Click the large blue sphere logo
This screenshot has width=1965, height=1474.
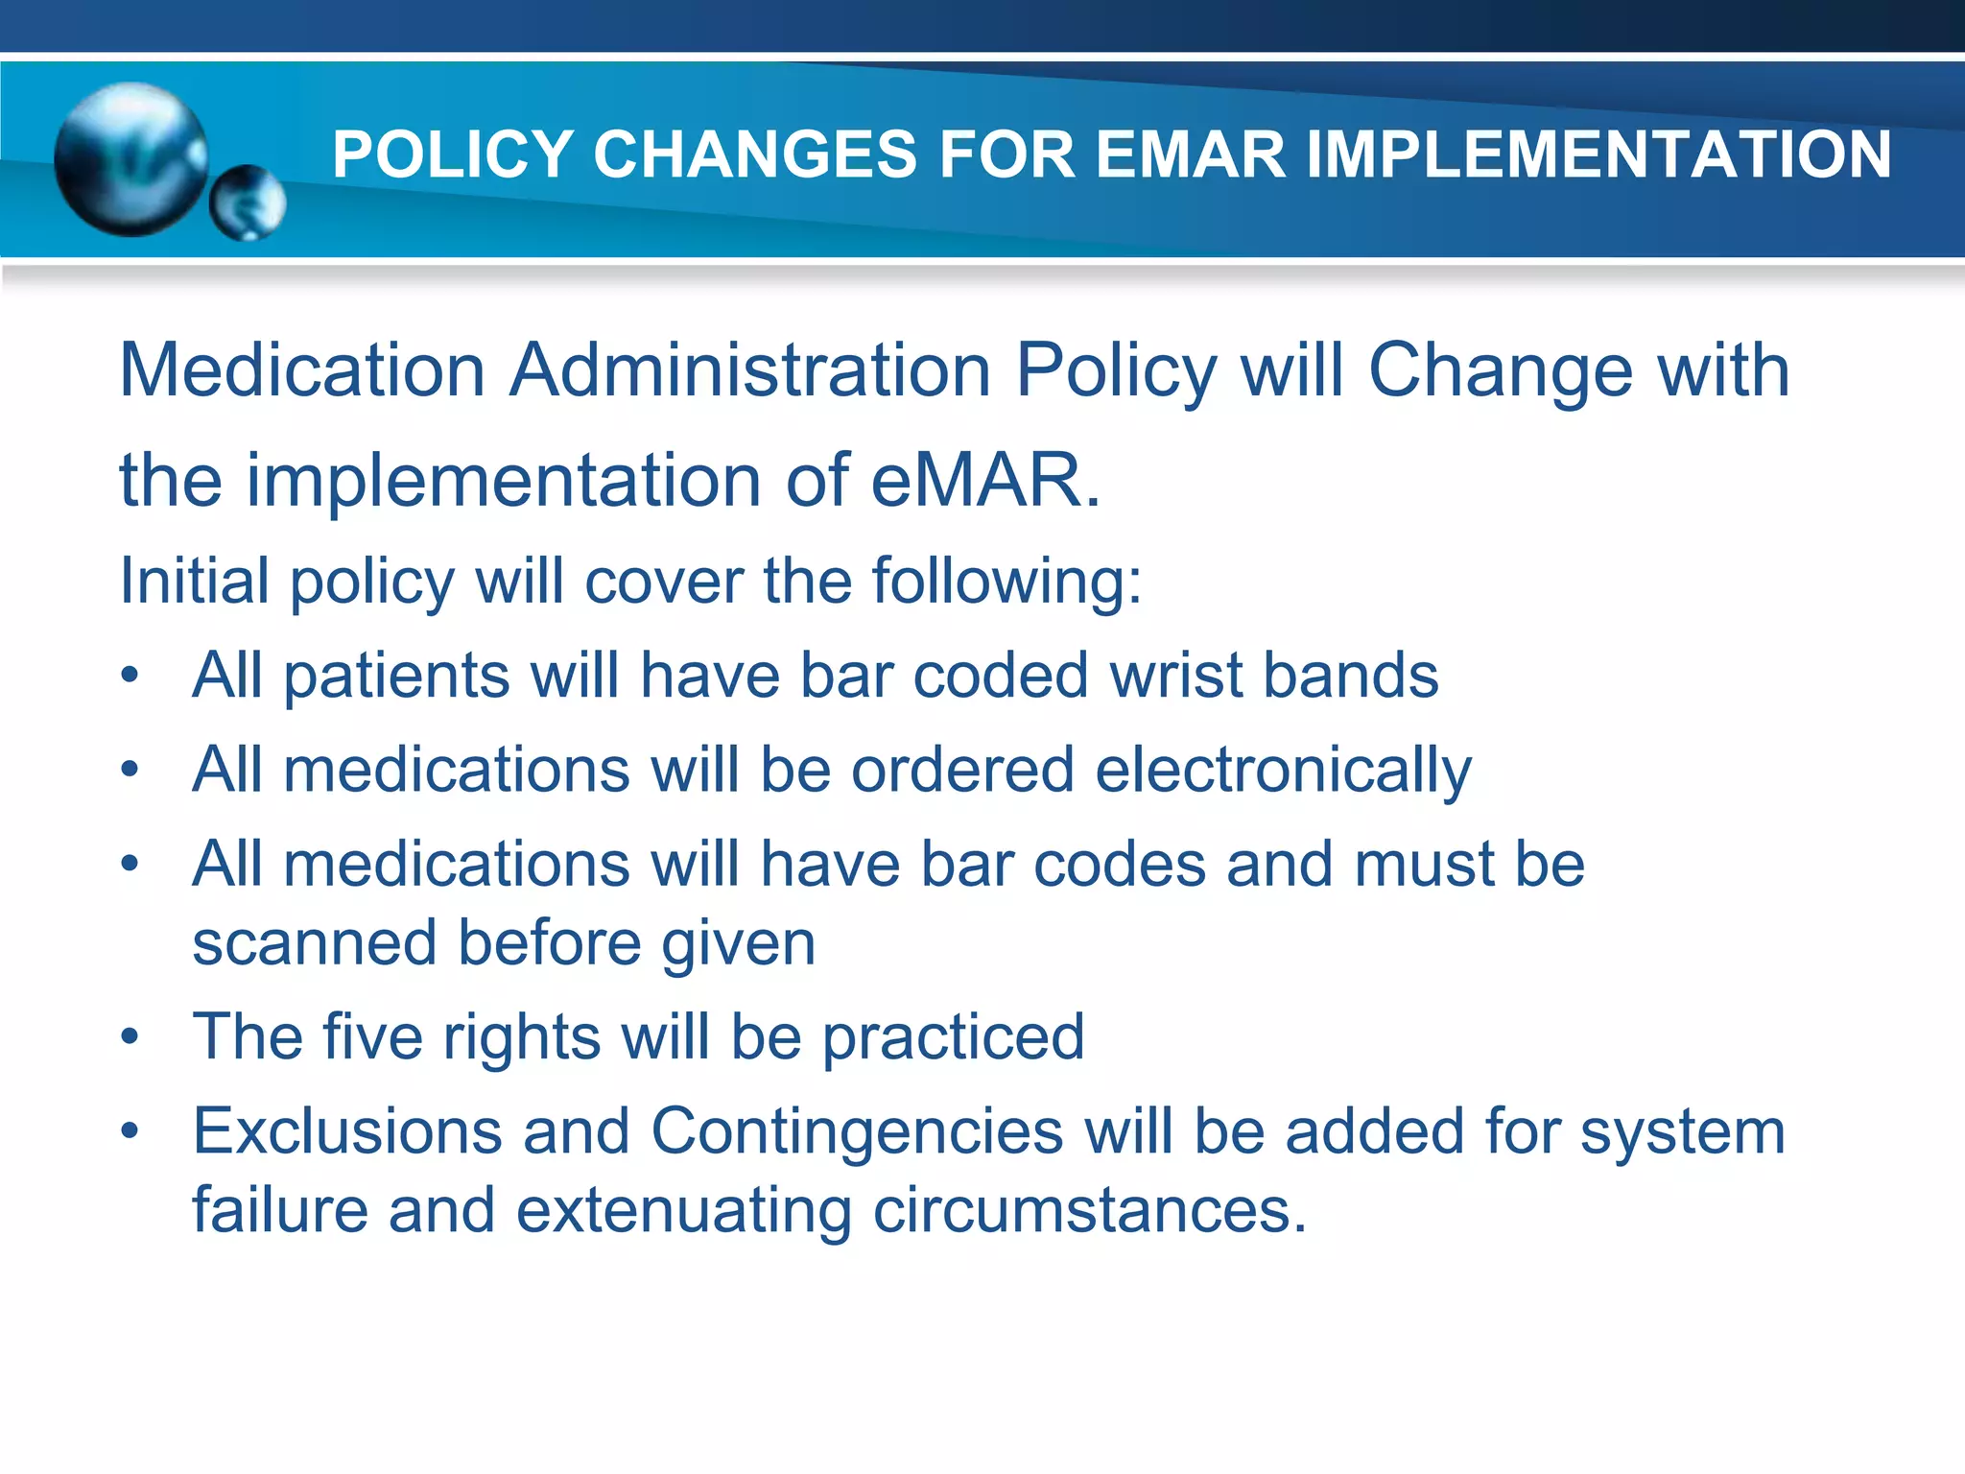130,159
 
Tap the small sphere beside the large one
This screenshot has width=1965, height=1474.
248,202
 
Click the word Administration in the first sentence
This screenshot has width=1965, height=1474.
749,370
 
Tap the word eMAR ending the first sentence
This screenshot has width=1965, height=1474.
984,480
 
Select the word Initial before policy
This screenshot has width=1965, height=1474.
194,581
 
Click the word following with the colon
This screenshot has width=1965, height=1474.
1006,582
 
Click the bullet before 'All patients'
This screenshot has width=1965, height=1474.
130,676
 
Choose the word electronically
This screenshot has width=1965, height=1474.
1283,771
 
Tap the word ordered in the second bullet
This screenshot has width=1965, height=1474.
962,770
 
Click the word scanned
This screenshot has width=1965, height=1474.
315,944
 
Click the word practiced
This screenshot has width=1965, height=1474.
954,1037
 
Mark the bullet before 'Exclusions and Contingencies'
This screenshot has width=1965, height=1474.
130,1131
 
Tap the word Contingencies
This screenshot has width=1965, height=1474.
857,1131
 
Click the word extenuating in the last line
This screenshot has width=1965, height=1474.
683,1210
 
